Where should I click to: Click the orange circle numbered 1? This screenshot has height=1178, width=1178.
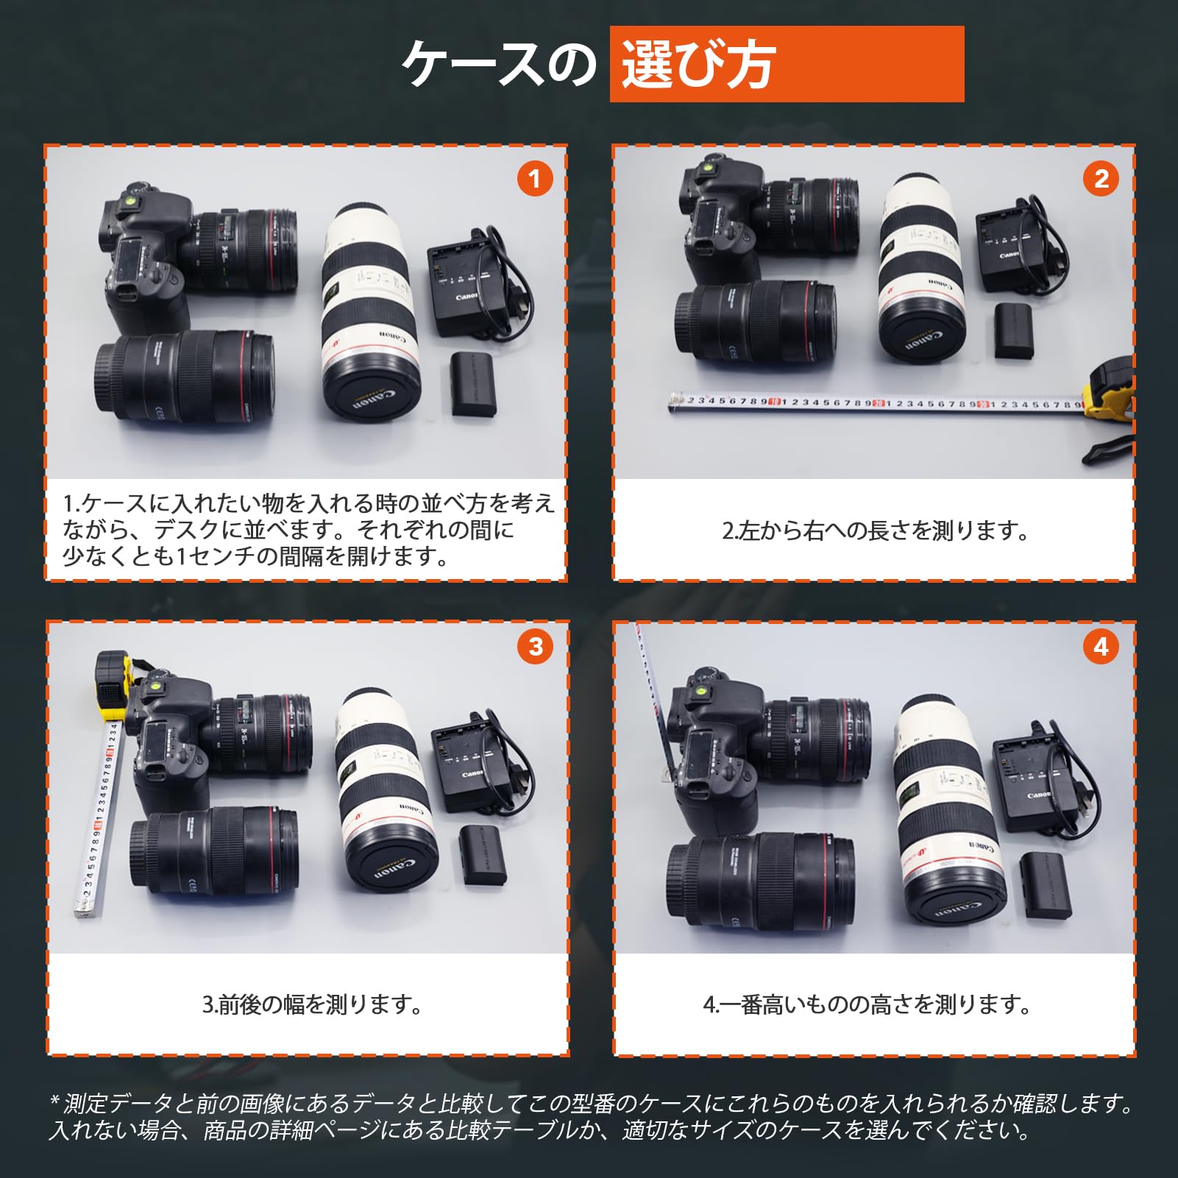pos(534,179)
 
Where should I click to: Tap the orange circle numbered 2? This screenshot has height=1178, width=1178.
pos(1101,179)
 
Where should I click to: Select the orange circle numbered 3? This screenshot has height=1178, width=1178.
pos(535,647)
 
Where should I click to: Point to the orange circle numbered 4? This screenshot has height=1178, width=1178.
pos(1101,647)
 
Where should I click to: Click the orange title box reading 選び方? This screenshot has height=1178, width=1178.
pos(786,64)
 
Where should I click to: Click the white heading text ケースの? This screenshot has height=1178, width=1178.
pos(499,65)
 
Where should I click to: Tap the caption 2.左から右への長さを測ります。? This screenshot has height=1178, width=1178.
pos(874,531)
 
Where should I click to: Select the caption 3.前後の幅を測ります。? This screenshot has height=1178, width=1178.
pos(312,1004)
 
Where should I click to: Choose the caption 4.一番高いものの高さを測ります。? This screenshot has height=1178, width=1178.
pos(867,1004)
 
